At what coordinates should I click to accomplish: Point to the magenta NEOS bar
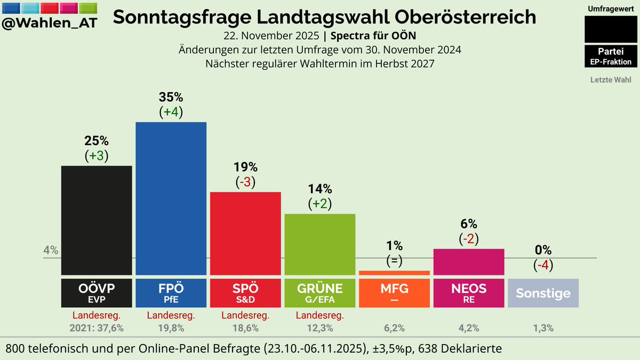[x=469, y=261]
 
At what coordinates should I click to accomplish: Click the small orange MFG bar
[x=394, y=273]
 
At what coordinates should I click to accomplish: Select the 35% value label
[x=171, y=98]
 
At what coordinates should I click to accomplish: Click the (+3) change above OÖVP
[x=97, y=155]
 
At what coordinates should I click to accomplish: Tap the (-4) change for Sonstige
[x=543, y=265]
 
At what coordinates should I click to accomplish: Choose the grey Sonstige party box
[x=543, y=293]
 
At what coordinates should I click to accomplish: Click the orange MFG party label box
[x=394, y=293]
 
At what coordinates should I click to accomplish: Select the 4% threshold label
[x=51, y=251]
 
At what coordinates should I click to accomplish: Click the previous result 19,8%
[x=171, y=329]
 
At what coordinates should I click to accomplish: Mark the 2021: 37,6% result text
[x=97, y=329]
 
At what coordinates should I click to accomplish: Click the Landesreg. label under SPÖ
[x=245, y=316]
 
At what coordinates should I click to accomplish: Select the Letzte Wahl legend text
[x=611, y=80]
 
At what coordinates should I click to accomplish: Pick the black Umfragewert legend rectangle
[x=611, y=29]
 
